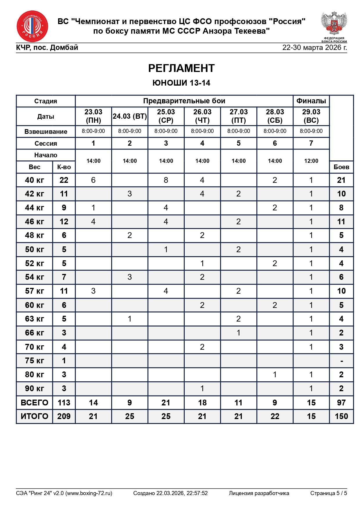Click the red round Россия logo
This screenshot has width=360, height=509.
32,26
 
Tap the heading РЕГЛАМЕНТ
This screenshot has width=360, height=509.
181,68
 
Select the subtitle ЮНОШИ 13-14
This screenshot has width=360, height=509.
181,83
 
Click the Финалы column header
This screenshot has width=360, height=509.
311,101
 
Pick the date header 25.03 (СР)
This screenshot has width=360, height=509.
166,116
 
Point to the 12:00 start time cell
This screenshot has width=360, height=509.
311,161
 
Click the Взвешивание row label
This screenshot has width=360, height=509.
46,131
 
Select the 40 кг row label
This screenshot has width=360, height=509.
34,180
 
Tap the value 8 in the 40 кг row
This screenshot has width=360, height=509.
166,180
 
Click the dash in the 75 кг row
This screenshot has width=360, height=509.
341,361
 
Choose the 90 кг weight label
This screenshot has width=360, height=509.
34,389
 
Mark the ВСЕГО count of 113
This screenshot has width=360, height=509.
64,403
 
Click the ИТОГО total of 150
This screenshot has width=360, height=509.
341,416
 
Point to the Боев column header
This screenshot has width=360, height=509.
341,167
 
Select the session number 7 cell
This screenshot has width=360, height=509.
311,143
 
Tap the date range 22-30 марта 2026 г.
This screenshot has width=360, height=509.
314,48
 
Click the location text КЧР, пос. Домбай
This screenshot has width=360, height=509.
47,48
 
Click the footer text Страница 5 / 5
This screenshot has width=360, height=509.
328,493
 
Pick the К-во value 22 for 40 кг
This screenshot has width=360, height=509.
64,180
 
